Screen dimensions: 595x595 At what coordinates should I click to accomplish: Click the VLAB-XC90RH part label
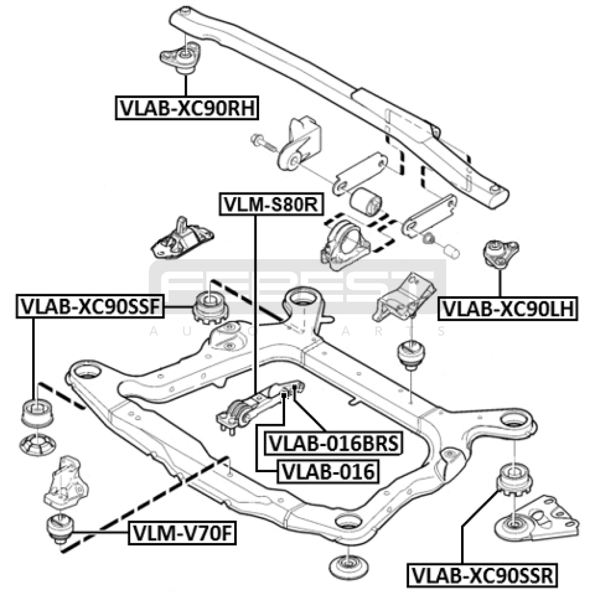point(187,108)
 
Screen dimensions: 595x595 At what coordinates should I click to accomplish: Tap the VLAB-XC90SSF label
point(90,307)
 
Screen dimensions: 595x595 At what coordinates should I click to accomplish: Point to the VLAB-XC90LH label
point(508,309)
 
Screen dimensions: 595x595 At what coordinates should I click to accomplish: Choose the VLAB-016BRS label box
point(334,443)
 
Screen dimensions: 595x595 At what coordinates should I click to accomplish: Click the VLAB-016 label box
point(328,472)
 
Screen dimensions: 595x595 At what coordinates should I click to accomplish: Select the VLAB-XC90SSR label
point(482,576)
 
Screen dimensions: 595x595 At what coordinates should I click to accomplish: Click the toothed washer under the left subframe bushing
point(38,445)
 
